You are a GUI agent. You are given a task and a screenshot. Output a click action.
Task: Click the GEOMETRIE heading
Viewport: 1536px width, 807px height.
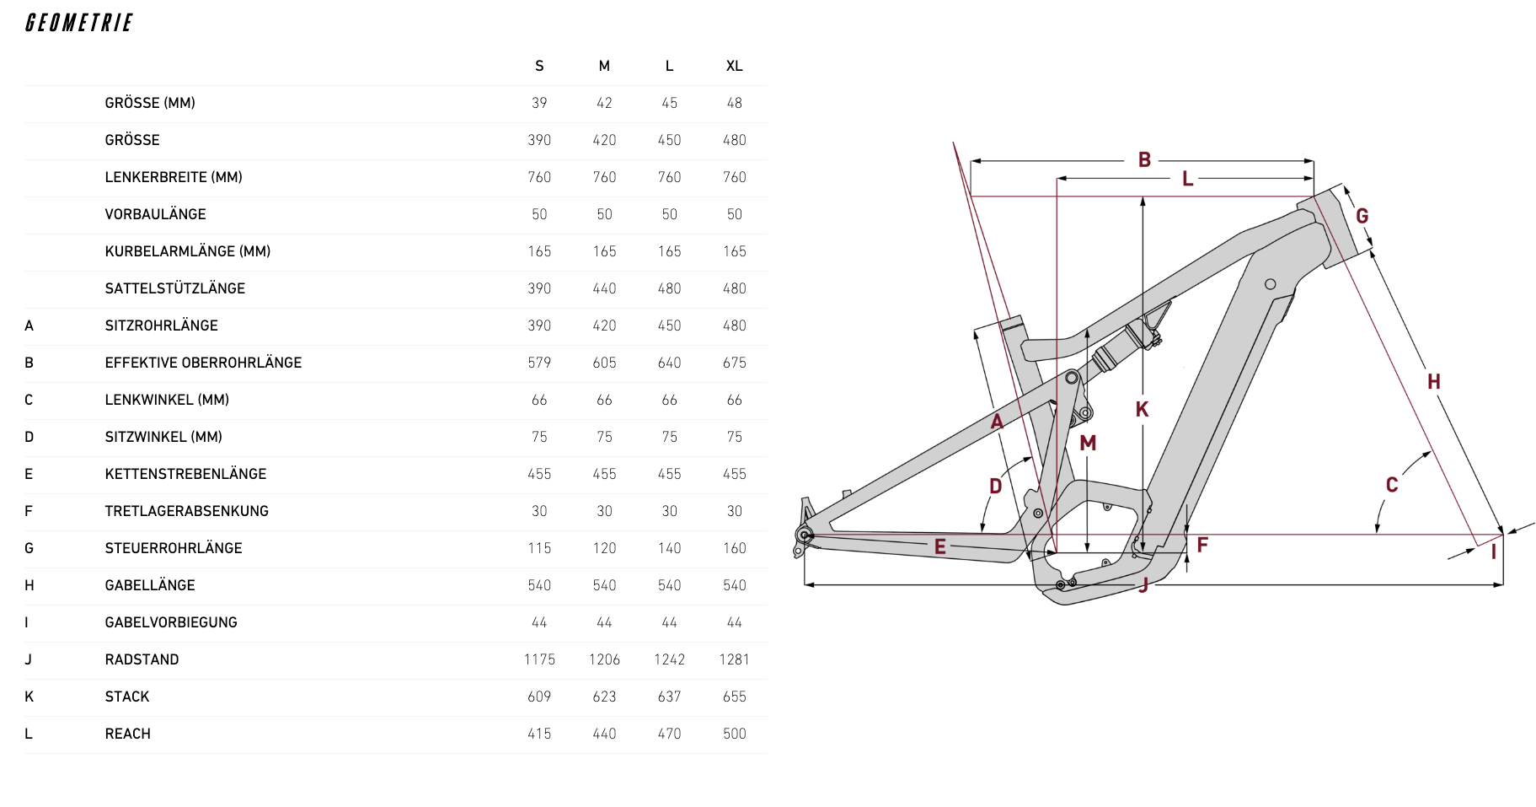[x=79, y=23]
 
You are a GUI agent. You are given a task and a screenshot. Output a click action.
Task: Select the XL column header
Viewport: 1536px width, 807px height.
[x=734, y=66]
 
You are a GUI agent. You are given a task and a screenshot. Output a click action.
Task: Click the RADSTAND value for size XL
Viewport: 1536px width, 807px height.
[x=734, y=659]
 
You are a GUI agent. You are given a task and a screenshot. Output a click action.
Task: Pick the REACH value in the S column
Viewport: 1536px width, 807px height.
[x=539, y=734]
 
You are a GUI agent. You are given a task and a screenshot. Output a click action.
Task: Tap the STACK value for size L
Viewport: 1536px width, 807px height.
[x=669, y=697]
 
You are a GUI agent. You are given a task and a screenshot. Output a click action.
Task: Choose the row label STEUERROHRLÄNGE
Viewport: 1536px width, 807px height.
[x=174, y=548]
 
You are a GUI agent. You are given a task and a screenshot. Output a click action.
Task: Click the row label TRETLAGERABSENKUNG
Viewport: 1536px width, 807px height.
[x=186, y=511]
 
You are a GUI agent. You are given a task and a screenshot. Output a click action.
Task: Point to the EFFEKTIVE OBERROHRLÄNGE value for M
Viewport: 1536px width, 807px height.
[x=604, y=363]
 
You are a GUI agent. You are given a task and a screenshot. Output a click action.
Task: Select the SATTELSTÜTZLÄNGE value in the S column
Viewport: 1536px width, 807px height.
[x=539, y=288]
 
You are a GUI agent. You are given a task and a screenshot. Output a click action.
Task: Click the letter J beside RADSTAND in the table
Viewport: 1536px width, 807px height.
[x=29, y=659]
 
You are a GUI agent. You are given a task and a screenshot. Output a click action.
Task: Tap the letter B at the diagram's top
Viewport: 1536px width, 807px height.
[x=1144, y=159]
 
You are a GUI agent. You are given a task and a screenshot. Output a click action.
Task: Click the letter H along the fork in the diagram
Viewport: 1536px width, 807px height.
[x=1433, y=382]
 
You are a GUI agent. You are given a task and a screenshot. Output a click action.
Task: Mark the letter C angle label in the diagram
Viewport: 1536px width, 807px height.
[x=1392, y=485]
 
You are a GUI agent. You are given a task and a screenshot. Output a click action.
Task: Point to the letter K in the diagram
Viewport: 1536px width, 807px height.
[x=1142, y=410]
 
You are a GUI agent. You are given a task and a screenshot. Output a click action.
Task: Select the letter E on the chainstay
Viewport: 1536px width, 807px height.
[x=939, y=546]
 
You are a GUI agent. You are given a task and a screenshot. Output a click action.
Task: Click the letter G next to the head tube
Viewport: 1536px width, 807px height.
[x=1362, y=216]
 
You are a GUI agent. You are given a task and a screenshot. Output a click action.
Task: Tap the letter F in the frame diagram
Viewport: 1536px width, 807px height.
[x=1202, y=545]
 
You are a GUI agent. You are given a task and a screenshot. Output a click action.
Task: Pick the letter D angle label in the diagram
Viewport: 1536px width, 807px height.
[x=995, y=486]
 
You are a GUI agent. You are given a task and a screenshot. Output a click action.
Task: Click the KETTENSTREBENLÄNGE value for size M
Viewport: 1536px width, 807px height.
[x=604, y=474]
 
